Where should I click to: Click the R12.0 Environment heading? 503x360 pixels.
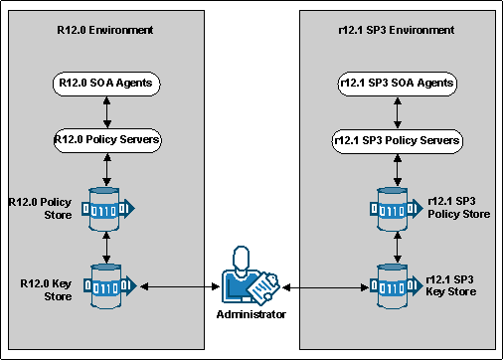point(105,30)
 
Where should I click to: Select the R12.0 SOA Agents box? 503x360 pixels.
point(105,84)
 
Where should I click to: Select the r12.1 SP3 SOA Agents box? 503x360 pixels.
point(397,84)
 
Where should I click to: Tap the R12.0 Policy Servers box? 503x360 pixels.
point(105,139)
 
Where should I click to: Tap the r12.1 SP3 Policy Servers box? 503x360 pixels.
point(397,140)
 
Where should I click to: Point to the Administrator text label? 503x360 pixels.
point(251,314)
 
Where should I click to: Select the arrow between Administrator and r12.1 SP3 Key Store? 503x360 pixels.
point(327,287)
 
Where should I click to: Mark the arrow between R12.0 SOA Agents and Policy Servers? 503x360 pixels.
point(105,111)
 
